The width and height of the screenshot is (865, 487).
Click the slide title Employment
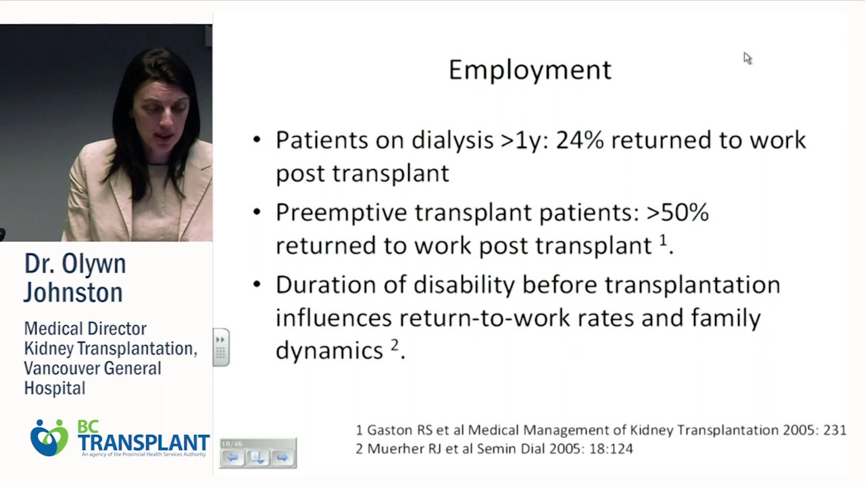click(530, 70)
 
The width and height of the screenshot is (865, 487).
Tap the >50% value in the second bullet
click(677, 212)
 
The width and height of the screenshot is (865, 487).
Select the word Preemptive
click(341, 212)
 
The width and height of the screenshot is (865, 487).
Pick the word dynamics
click(330, 350)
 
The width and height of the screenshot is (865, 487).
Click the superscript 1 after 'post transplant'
click(663, 240)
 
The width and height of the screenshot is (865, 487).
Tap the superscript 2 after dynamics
click(395, 346)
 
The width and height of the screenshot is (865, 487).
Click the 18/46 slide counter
click(232, 444)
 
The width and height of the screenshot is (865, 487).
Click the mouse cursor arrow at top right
click(747, 58)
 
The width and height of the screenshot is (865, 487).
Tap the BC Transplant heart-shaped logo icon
click(49, 438)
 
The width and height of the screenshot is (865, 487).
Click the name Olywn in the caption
click(98, 264)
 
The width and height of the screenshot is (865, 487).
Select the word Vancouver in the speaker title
click(58, 369)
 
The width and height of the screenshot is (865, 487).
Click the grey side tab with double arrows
click(221, 347)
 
